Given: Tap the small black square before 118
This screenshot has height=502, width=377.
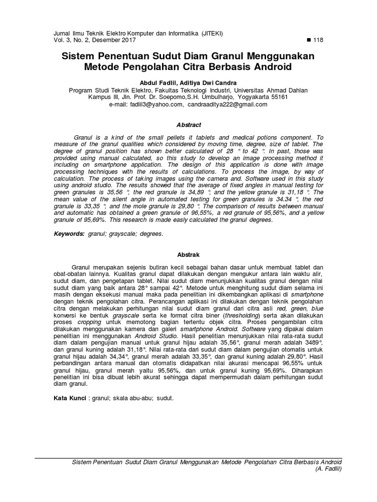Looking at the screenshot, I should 307,40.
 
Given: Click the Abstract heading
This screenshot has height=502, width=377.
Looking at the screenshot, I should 188,125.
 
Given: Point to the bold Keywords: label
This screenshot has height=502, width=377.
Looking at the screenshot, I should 69,234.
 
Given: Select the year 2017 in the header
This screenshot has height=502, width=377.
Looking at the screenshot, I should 127,40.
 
